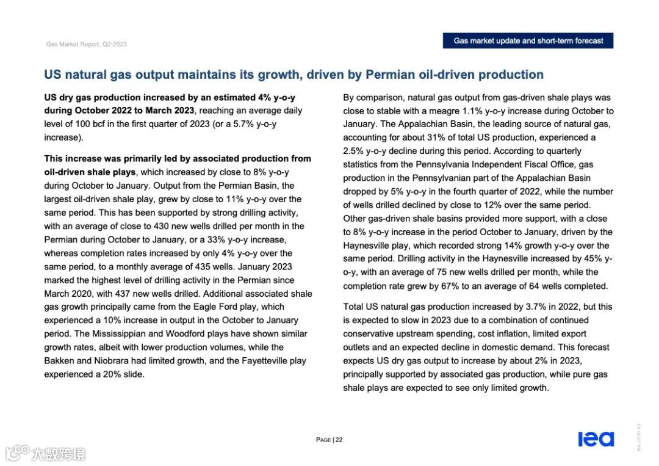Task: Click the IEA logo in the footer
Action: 596,439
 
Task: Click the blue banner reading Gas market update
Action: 528,41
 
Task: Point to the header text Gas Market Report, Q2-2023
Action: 87,44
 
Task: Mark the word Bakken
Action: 59,360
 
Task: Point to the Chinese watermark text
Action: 59,454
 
